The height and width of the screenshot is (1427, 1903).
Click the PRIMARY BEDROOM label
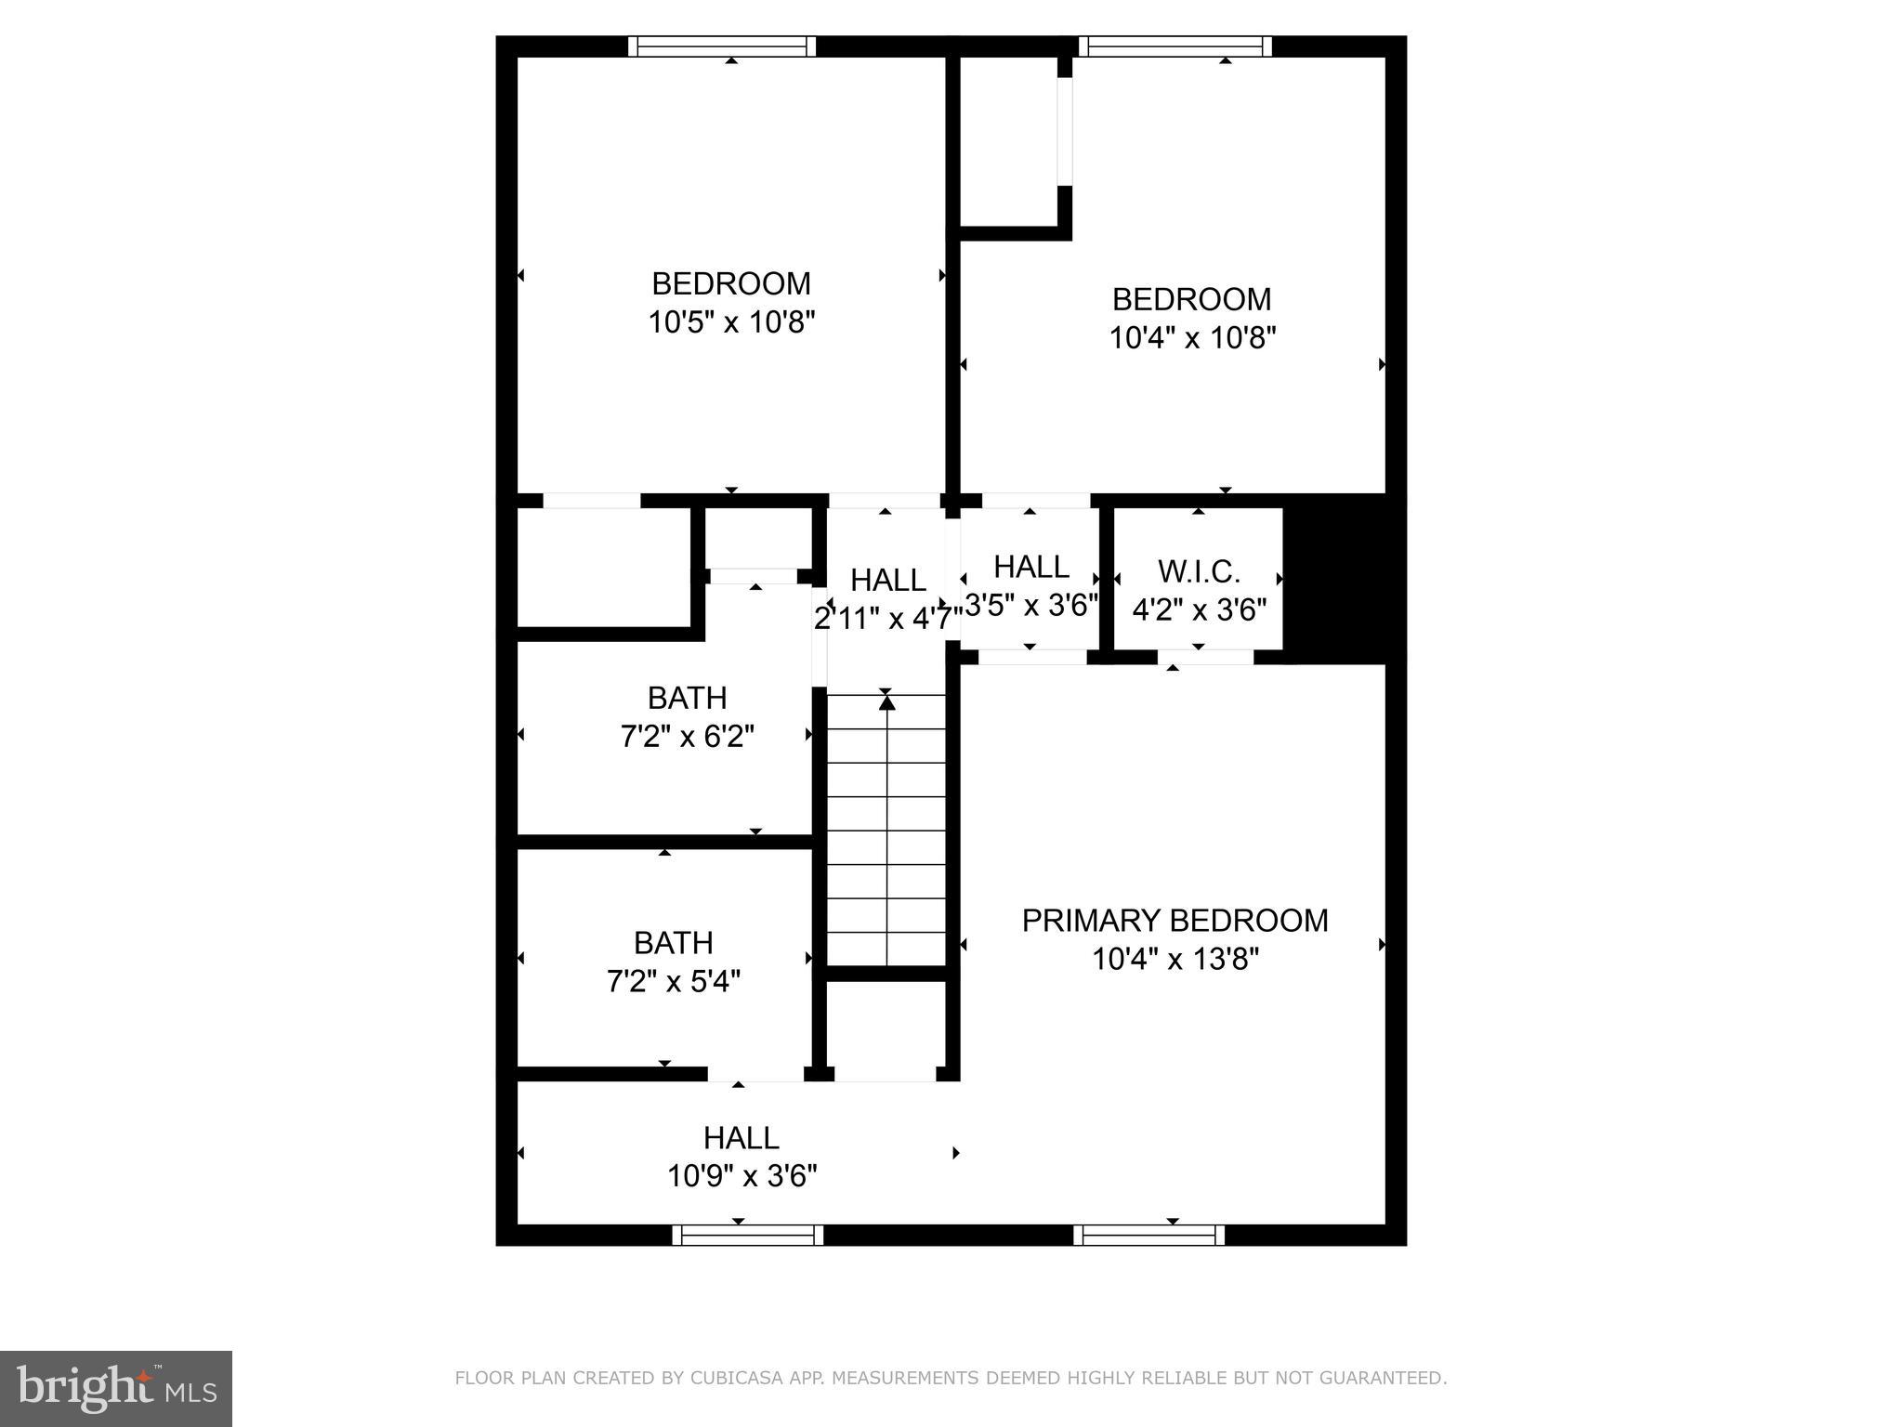pyautogui.click(x=1175, y=920)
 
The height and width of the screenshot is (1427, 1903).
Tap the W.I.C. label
pyautogui.click(x=1199, y=570)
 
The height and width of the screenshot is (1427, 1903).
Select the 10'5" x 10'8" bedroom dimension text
pyautogui.click(x=731, y=322)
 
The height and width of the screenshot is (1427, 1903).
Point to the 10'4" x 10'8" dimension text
pyautogui.click(x=1192, y=338)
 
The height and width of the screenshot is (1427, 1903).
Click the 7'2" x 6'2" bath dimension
pyautogui.click(x=687, y=737)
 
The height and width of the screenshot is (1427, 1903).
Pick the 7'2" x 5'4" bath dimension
pyautogui.click(x=674, y=981)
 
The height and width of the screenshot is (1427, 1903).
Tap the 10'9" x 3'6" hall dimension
pyautogui.click(x=742, y=1176)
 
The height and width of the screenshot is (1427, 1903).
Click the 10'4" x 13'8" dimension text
pyautogui.click(x=1175, y=959)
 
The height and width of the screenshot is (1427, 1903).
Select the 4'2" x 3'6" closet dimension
pyautogui.click(x=1199, y=610)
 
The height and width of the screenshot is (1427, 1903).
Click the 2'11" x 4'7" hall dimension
pyautogui.click(x=887, y=618)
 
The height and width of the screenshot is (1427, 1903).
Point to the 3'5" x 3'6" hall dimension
pyautogui.click(x=1031, y=606)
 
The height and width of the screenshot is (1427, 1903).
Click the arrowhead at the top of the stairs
pyautogui.click(x=886, y=703)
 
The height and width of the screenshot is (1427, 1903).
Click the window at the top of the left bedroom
pyautogui.click(x=722, y=46)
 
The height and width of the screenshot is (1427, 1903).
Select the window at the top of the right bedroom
pyautogui.click(x=1175, y=46)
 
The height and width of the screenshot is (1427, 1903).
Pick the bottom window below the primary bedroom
pyautogui.click(x=1148, y=1235)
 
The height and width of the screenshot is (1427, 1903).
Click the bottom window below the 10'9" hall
pyautogui.click(x=747, y=1235)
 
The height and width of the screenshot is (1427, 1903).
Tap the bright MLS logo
pyautogui.click(x=116, y=1389)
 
